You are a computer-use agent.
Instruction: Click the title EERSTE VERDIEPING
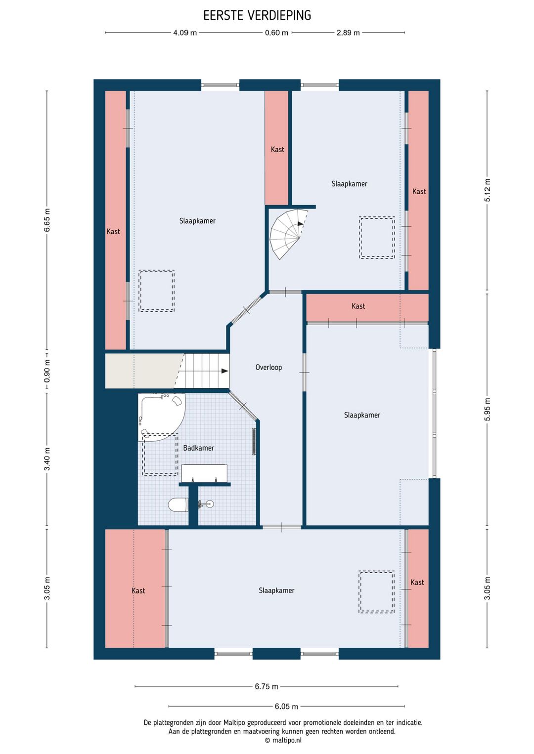click(x=257, y=15)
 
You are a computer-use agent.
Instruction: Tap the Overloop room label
click(x=268, y=367)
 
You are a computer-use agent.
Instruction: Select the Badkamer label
click(x=199, y=448)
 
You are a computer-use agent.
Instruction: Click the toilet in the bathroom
click(x=178, y=505)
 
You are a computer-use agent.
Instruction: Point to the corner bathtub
click(x=161, y=417)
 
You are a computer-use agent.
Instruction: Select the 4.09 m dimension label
click(x=185, y=33)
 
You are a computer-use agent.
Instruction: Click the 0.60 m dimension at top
click(x=276, y=33)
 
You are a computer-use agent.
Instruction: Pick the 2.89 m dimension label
click(x=348, y=33)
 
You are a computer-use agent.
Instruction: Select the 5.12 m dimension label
click(x=488, y=190)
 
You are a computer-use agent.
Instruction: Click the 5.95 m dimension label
click(x=488, y=409)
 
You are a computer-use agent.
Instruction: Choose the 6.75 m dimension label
click(x=267, y=686)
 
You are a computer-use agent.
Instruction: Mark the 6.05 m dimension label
click(x=286, y=707)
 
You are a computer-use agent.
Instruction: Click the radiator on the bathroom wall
click(x=254, y=441)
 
